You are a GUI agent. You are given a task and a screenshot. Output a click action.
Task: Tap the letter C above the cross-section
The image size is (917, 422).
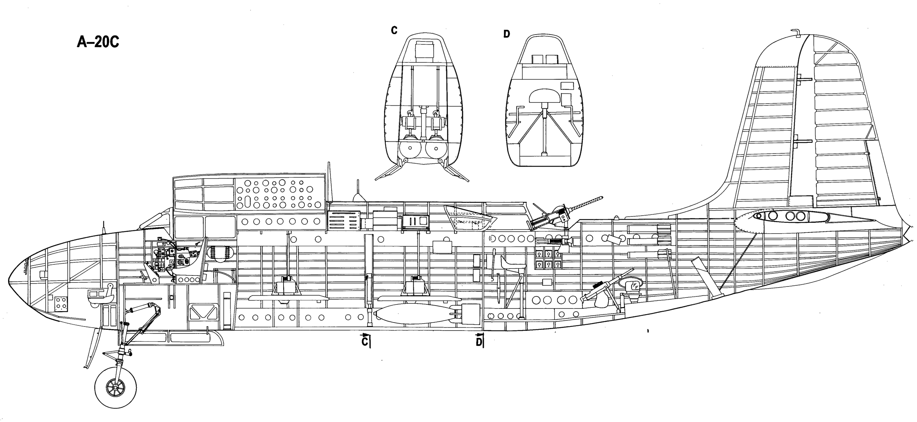click(394, 30)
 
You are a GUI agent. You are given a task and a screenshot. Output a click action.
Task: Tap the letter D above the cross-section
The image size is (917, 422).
click(507, 34)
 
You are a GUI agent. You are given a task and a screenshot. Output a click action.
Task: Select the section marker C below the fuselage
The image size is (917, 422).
click(366, 340)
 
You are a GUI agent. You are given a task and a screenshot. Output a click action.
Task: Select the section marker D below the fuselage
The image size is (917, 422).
click(479, 340)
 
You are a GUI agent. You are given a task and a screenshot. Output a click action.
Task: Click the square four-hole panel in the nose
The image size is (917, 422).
click(61, 303)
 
